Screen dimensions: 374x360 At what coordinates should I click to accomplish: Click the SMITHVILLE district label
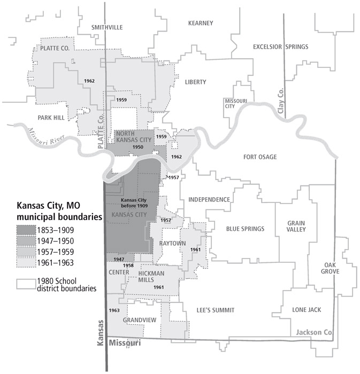[x=108, y=27]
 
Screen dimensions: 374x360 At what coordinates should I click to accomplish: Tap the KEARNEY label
[x=201, y=23]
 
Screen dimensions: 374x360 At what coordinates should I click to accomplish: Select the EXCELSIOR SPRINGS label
[x=280, y=47]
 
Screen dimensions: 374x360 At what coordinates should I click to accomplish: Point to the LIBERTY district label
[x=195, y=82]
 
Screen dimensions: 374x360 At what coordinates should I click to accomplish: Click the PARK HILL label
[x=51, y=118]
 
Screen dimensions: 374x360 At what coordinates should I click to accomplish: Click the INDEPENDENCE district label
[x=209, y=200]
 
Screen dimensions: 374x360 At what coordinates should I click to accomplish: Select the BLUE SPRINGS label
[x=245, y=229]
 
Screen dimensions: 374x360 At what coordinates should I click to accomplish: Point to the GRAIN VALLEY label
[x=296, y=227]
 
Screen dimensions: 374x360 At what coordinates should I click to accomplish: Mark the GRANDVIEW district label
[x=139, y=321]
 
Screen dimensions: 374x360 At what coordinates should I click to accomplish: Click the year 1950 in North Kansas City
[x=138, y=146]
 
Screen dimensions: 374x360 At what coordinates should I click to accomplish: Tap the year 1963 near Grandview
[x=114, y=310]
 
